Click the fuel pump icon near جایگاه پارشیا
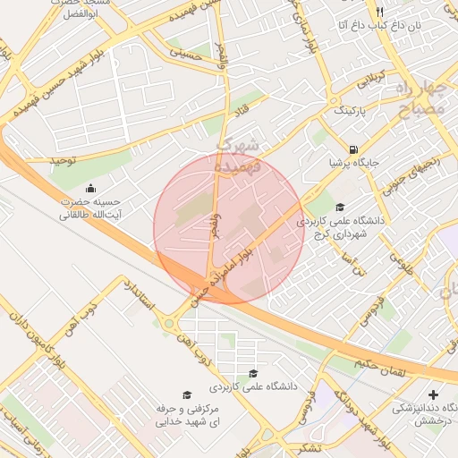tap(355, 149)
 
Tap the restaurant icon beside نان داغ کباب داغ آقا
tap(379, 12)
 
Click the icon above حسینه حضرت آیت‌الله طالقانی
tap(91, 188)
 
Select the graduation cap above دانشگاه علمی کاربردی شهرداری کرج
tap(339, 208)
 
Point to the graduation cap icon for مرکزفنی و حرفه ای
tap(187, 394)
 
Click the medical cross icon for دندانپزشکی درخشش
tap(434, 394)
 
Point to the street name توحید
tap(64, 160)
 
